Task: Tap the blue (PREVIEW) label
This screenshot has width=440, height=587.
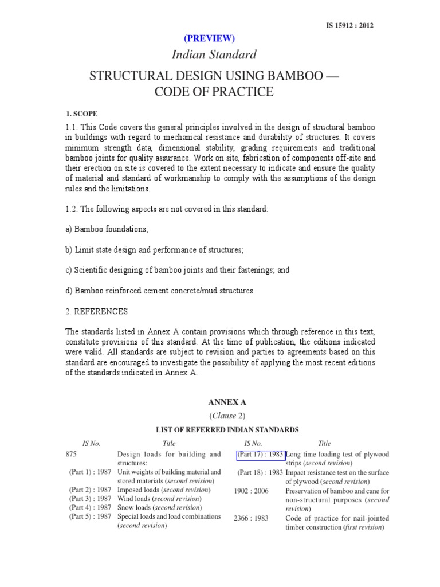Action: pos(209,38)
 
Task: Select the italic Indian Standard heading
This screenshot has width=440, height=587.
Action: pos(214,55)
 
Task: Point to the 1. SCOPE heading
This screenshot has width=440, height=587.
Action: pos(81,114)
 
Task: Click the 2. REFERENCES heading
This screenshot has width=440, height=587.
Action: pos(96,311)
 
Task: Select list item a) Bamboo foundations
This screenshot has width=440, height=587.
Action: pos(107,229)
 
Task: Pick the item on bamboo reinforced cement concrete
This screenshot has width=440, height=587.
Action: pos(160,291)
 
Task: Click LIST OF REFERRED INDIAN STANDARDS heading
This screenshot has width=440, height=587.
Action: pos(228,429)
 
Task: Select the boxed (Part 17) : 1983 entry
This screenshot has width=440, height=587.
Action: pos(260,455)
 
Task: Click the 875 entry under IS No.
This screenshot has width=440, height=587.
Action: pos(71,454)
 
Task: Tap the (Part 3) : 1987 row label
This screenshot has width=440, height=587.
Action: pos(91,499)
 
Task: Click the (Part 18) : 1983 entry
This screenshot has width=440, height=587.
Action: pos(261,472)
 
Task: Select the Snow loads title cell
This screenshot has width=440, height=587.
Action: pos(159,507)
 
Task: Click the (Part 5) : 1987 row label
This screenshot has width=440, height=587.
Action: pos(91,516)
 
